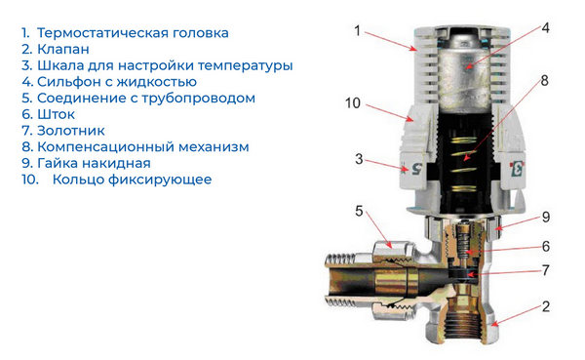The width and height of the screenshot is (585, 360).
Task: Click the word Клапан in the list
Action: click(x=63, y=50)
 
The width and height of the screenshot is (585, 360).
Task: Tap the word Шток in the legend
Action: click(x=56, y=114)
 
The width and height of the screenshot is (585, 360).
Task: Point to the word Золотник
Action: click(x=71, y=131)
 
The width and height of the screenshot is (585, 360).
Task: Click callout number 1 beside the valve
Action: click(x=358, y=30)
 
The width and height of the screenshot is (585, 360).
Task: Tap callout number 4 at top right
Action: click(x=545, y=28)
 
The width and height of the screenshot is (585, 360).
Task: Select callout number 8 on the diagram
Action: click(x=545, y=80)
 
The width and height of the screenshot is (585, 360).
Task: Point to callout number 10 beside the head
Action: click(x=353, y=103)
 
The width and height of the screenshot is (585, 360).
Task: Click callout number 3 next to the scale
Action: click(x=359, y=159)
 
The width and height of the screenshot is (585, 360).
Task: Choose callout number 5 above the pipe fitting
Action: click(x=359, y=211)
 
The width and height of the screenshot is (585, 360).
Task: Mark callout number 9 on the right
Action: click(x=546, y=217)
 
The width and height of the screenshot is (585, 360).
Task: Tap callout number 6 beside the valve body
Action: click(x=546, y=247)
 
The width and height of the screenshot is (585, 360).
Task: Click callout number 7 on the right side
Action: click(x=546, y=270)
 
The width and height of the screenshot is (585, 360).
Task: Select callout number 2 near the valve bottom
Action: click(x=546, y=306)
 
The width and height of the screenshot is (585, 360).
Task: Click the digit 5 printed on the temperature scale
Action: click(x=416, y=169)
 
